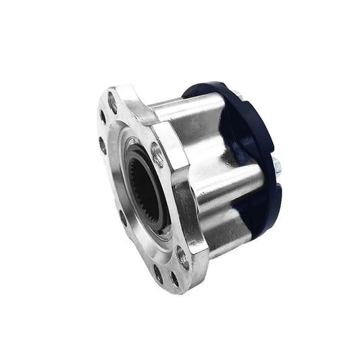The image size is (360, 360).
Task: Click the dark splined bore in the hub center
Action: click(144, 186)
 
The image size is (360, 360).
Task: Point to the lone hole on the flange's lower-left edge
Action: click(122, 217)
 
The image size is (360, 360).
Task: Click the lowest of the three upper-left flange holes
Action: click(102, 143)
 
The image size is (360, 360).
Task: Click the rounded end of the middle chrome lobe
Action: click(253, 179)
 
